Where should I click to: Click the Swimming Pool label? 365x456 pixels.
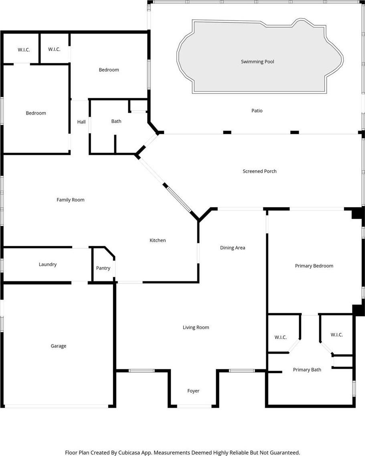tap(258, 62)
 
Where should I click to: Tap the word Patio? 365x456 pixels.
tap(257, 111)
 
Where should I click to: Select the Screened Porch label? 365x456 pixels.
tap(260, 171)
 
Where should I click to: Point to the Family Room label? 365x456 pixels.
tap(71, 200)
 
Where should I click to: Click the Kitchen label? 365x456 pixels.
tap(158, 240)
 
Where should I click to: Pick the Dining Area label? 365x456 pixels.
tap(233, 248)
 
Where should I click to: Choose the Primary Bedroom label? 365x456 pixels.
tap(314, 266)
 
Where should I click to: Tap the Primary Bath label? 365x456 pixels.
tap(307, 369)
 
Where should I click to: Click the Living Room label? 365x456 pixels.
tap(196, 327)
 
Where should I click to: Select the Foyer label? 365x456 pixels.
tap(193, 391)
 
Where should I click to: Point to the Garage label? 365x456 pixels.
tap(59, 346)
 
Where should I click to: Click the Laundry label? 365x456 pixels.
tap(48, 264)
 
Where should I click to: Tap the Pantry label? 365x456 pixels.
tap(103, 268)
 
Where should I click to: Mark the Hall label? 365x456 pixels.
tap(81, 122)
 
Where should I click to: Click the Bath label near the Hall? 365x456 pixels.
tap(116, 121)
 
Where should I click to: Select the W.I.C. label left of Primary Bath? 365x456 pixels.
tap(281, 337)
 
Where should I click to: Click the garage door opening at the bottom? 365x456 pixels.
tap(57, 406)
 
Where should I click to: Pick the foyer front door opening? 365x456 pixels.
tap(195, 406)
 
